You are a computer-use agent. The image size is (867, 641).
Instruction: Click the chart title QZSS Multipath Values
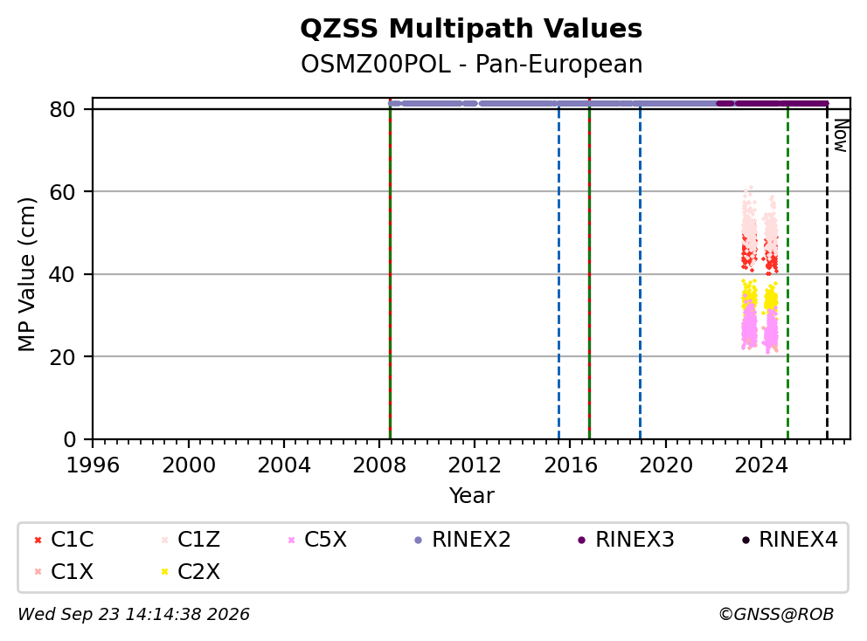[471, 29]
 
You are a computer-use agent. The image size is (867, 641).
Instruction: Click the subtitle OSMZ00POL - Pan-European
[471, 64]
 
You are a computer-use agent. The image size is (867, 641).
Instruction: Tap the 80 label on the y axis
[62, 109]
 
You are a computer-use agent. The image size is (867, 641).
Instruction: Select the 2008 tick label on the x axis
[379, 465]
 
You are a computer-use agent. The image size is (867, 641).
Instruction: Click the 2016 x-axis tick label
[571, 465]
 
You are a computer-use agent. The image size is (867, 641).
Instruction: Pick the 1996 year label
[93, 465]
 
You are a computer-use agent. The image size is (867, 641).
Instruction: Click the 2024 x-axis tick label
[761, 465]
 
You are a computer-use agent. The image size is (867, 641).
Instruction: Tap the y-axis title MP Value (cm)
[26, 274]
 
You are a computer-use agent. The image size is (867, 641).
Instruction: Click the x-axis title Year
[471, 496]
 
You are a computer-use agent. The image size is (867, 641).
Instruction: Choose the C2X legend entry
[191, 571]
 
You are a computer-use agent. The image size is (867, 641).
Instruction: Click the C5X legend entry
[317, 540]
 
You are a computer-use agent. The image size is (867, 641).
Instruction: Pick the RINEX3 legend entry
[626, 540]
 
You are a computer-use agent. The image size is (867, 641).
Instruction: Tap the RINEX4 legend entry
[789, 540]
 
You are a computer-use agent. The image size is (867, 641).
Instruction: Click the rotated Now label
[841, 135]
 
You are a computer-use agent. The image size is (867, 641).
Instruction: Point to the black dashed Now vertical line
[827, 271]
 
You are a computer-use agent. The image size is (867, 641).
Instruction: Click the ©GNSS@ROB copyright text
[776, 614]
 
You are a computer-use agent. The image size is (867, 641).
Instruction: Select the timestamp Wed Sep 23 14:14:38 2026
[134, 614]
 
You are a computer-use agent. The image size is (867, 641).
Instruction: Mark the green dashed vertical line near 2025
[788, 271]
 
